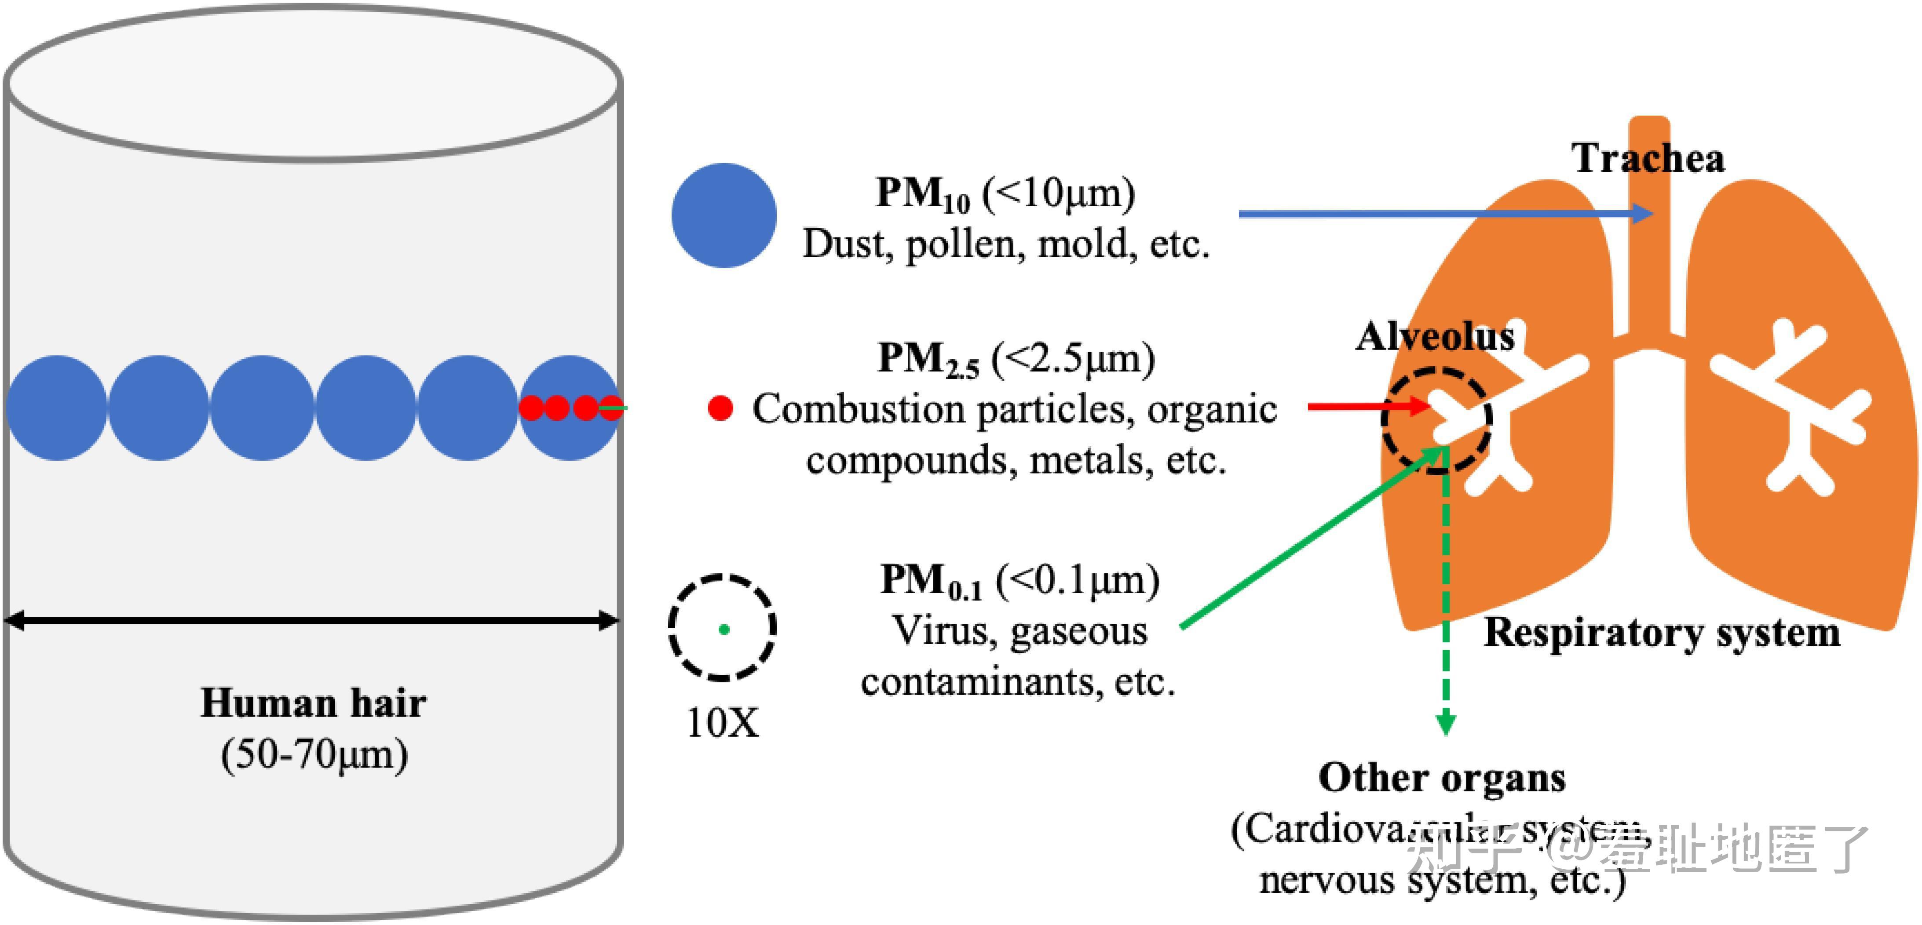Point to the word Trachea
click(1648, 158)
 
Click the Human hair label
click(313, 703)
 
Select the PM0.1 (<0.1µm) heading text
click(1019, 580)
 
